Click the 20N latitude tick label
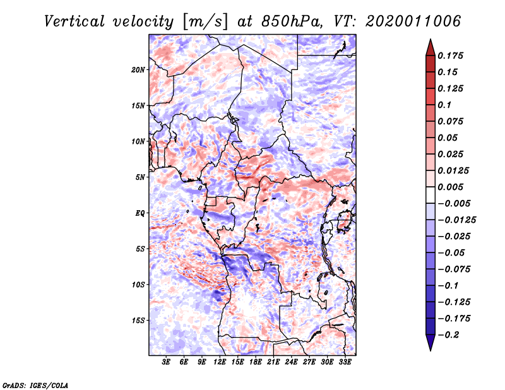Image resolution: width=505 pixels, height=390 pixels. tap(139, 69)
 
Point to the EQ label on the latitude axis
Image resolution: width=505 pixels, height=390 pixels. tap(140, 213)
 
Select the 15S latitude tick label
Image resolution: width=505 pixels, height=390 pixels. tap(139, 321)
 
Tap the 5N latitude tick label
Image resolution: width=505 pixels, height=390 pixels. tap(141, 177)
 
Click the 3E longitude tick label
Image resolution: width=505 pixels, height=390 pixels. tap(167, 362)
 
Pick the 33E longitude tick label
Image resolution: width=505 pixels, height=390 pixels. tap(345, 362)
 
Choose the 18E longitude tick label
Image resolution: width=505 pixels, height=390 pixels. tap(256, 362)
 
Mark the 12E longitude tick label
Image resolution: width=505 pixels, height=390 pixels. tap(220, 362)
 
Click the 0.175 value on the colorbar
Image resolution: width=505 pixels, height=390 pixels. tap(453, 56)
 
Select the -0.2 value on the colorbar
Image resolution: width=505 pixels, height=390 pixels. tap(451, 334)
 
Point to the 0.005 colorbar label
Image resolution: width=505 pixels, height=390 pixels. tap(453, 187)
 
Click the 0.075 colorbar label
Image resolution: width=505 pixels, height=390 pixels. tap(453, 121)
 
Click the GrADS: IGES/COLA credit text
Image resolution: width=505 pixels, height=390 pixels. tap(35, 384)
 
